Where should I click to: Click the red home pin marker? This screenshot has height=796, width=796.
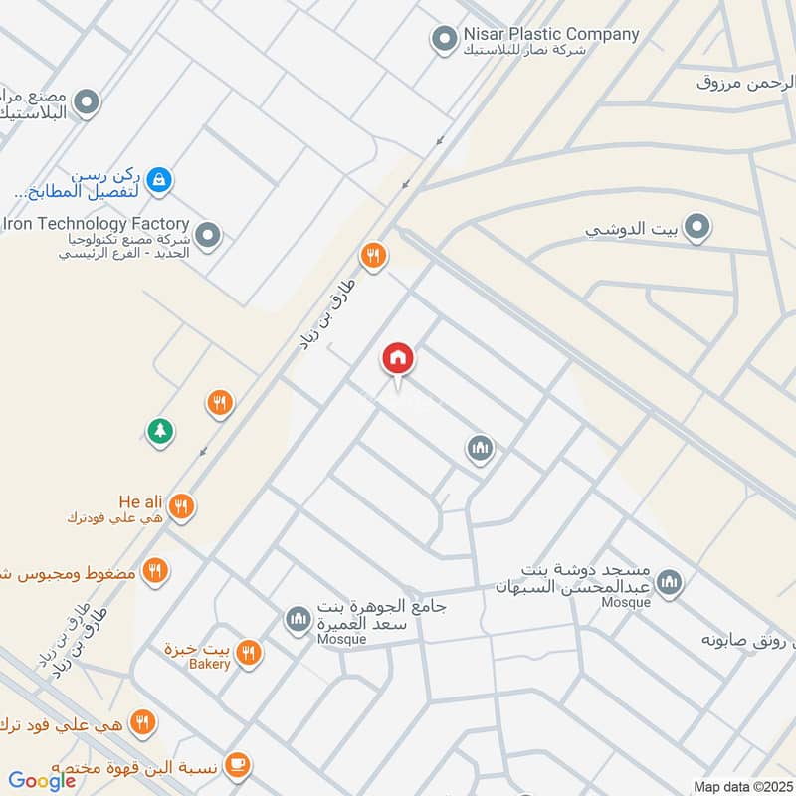398,359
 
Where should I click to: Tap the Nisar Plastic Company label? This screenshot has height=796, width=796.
550,34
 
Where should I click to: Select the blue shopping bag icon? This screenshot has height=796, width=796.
157,180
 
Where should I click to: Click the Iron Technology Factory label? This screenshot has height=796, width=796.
97,224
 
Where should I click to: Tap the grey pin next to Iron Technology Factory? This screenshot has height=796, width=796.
208,236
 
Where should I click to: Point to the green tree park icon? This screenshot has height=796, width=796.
159,431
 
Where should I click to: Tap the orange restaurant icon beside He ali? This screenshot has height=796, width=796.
180,506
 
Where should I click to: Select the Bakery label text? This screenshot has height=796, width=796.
211,664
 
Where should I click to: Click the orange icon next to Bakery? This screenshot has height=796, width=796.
249,653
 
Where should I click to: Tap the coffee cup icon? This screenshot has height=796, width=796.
236,764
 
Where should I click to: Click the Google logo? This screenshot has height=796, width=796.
42,780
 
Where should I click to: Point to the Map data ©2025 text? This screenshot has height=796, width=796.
741,786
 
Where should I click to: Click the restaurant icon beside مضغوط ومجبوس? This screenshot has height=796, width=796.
154,571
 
